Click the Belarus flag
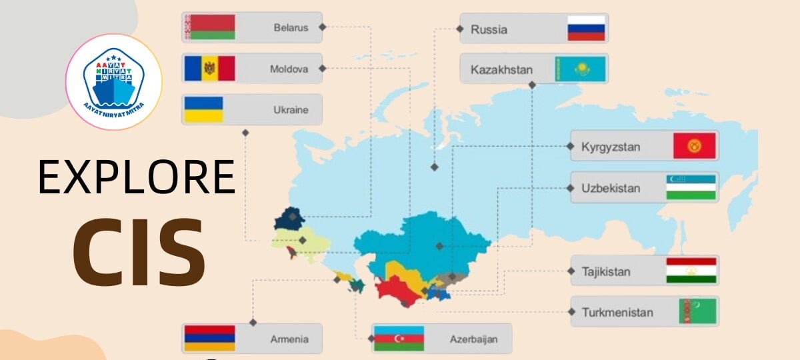click(209, 27)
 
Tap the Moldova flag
click(209, 68)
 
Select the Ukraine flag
click(203, 109)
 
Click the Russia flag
click(586, 29)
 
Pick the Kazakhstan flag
click(581, 69)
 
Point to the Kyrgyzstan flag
click(694, 145)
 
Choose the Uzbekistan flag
click(691, 187)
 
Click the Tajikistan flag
click(691, 271)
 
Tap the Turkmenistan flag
click(697, 311)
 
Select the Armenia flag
click(209, 339)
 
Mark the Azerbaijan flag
click(399, 339)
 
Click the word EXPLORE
click(137, 178)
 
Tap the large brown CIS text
click(139, 248)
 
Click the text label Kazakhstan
click(501, 69)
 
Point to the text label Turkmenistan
click(617, 312)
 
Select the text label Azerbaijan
click(473, 339)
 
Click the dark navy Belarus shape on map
click(288, 218)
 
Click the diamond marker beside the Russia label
click(459, 29)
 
